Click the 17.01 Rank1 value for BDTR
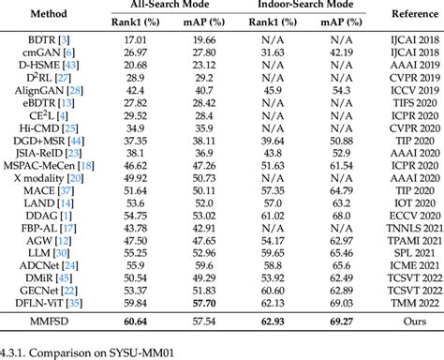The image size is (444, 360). pos(136,40)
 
